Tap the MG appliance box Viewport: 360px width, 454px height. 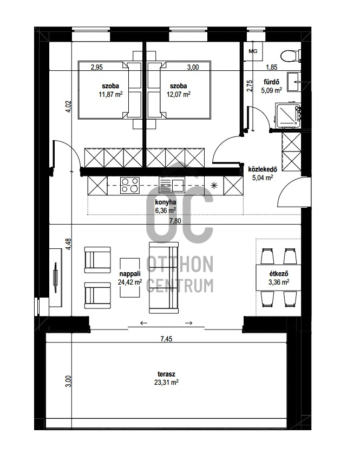[253, 51]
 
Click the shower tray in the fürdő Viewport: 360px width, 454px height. [289, 115]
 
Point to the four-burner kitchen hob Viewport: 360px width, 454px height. [130, 185]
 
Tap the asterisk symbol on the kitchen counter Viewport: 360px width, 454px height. [214, 186]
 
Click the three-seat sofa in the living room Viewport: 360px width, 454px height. [163, 278]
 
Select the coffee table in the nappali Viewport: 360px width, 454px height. [130, 278]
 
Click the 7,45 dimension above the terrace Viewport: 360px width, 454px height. [166, 339]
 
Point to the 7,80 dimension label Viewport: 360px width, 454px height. [175, 221]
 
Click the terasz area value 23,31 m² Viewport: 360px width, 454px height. [166, 383]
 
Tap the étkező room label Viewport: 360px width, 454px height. [279, 274]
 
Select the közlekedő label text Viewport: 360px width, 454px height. [263, 169]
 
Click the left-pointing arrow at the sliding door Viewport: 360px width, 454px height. [143, 323]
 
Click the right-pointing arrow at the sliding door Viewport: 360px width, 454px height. [189, 323]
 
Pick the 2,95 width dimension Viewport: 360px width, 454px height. [97, 67]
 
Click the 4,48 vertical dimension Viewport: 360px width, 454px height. [68, 244]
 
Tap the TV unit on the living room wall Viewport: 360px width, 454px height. [55, 278]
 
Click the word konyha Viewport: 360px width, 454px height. [165, 202]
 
